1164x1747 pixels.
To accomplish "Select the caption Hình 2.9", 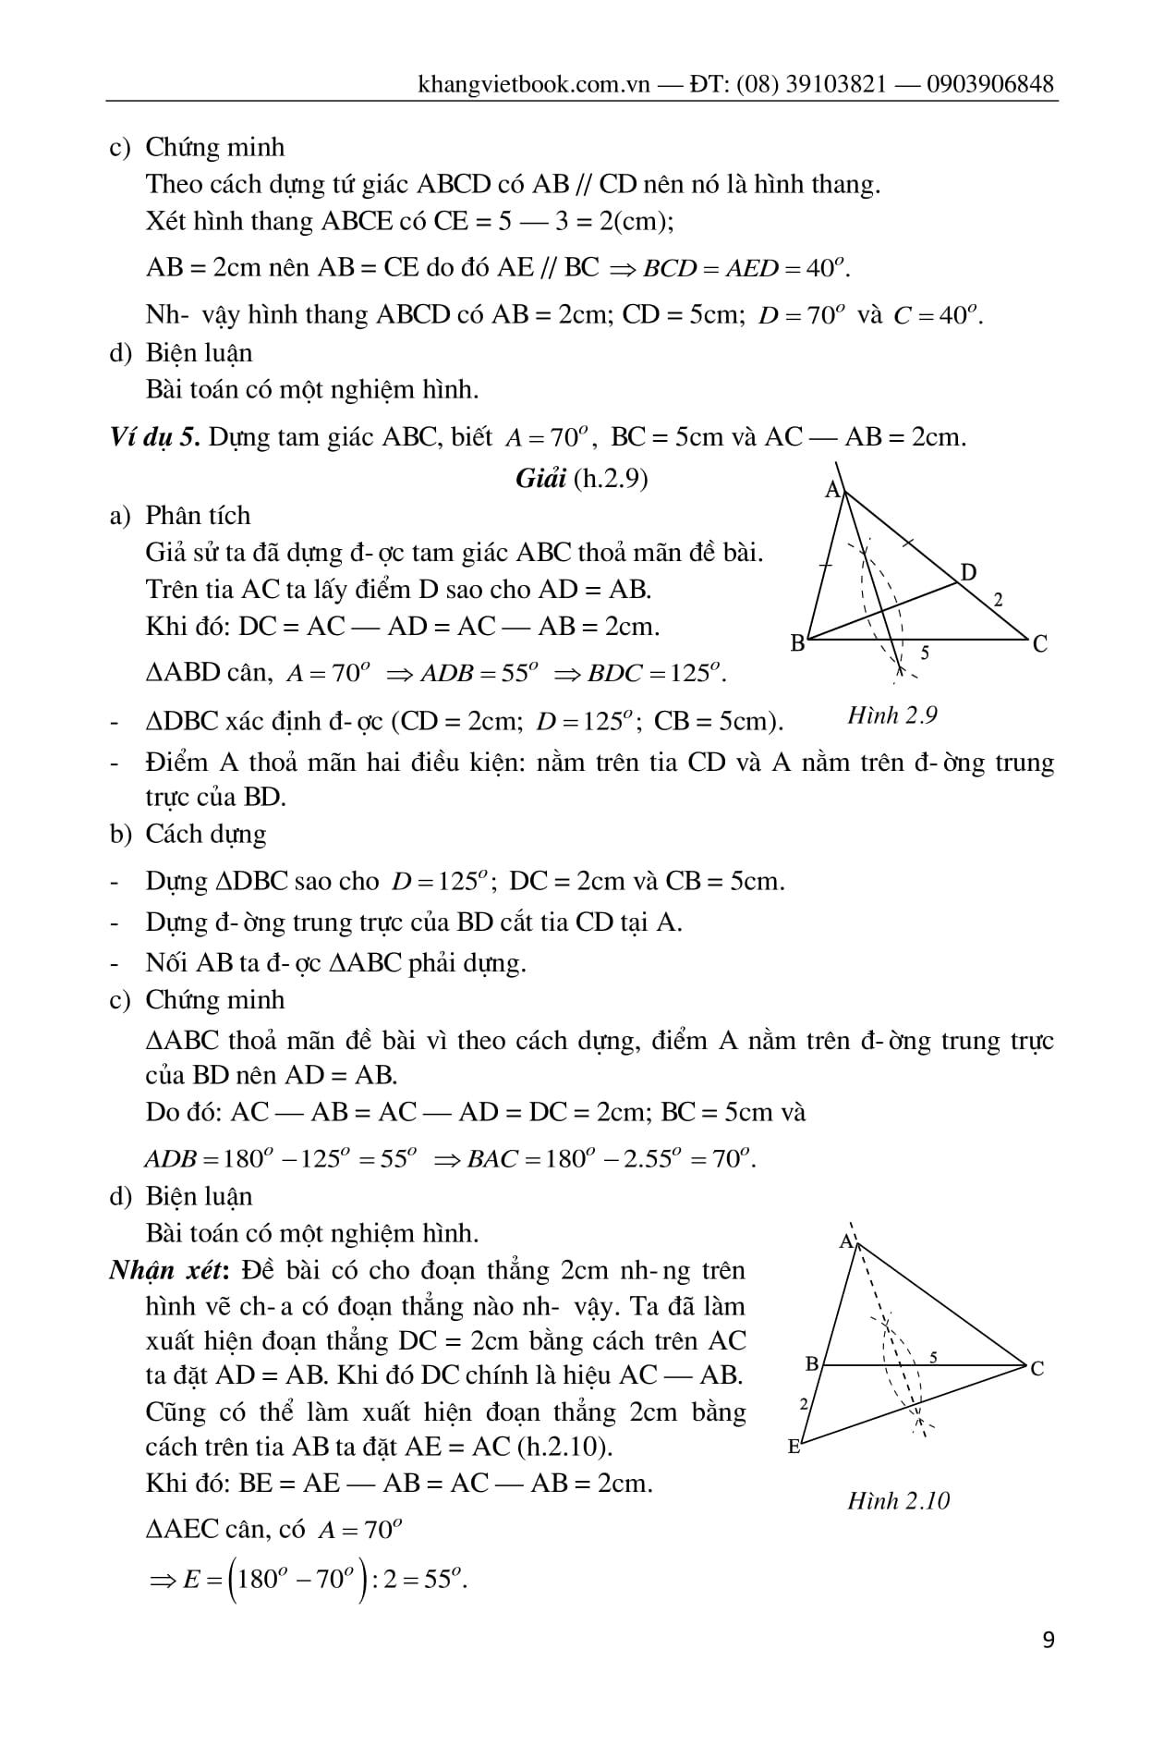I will pyautogui.click(x=891, y=715).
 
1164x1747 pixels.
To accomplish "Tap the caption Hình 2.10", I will pyautogui.click(x=898, y=1500).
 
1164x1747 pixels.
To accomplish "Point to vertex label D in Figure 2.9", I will pyautogui.click(x=967, y=572).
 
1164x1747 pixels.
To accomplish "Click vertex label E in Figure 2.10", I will pyautogui.click(x=794, y=1447).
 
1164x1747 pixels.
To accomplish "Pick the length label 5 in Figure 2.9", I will pyautogui.click(x=925, y=653).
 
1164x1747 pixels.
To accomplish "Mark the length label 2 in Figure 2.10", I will pyautogui.click(x=803, y=1403).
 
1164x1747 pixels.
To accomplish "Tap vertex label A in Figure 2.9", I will pyautogui.click(x=832, y=489).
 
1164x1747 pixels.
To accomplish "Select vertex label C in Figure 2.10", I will pyautogui.click(x=1037, y=1368).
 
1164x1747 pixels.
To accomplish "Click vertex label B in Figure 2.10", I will pyautogui.click(x=812, y=1363).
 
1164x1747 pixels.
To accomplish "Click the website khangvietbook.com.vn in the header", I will pyautogui.click(x=535, y=85).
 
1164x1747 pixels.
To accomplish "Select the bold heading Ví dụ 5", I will pyautogui.click(x=154, y=437).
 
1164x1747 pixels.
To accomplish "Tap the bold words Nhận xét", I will pyautogui.click(x=167, y=1270).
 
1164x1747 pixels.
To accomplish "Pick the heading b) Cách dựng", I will pyautogui.click(x=188, y=834).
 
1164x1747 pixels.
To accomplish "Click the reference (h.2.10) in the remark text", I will pyautogui.click(x=563, y=1446).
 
